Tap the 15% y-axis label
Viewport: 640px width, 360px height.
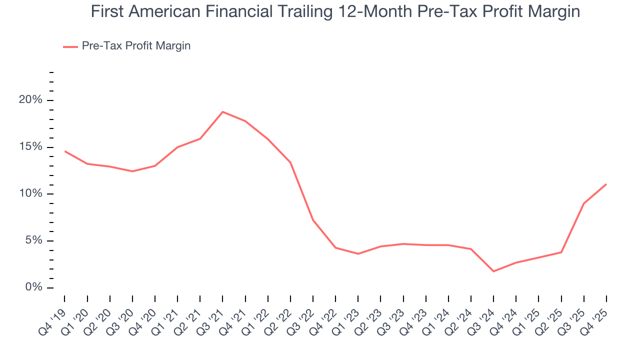(x=31, y=147)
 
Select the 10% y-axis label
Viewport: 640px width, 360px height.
(x=31, y=194)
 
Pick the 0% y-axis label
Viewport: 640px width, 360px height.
(x=34, y=287)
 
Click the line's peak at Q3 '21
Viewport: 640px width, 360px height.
(x=222, y=111)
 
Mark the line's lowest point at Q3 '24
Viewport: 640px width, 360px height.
(x=493, y=271)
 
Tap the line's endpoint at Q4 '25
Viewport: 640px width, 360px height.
(x=606, y=184)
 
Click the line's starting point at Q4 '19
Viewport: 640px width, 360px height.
(x=65, y=151)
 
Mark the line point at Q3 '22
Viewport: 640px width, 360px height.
(x=313, y=220)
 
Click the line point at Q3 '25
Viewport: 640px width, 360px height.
(x=583, y=203)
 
